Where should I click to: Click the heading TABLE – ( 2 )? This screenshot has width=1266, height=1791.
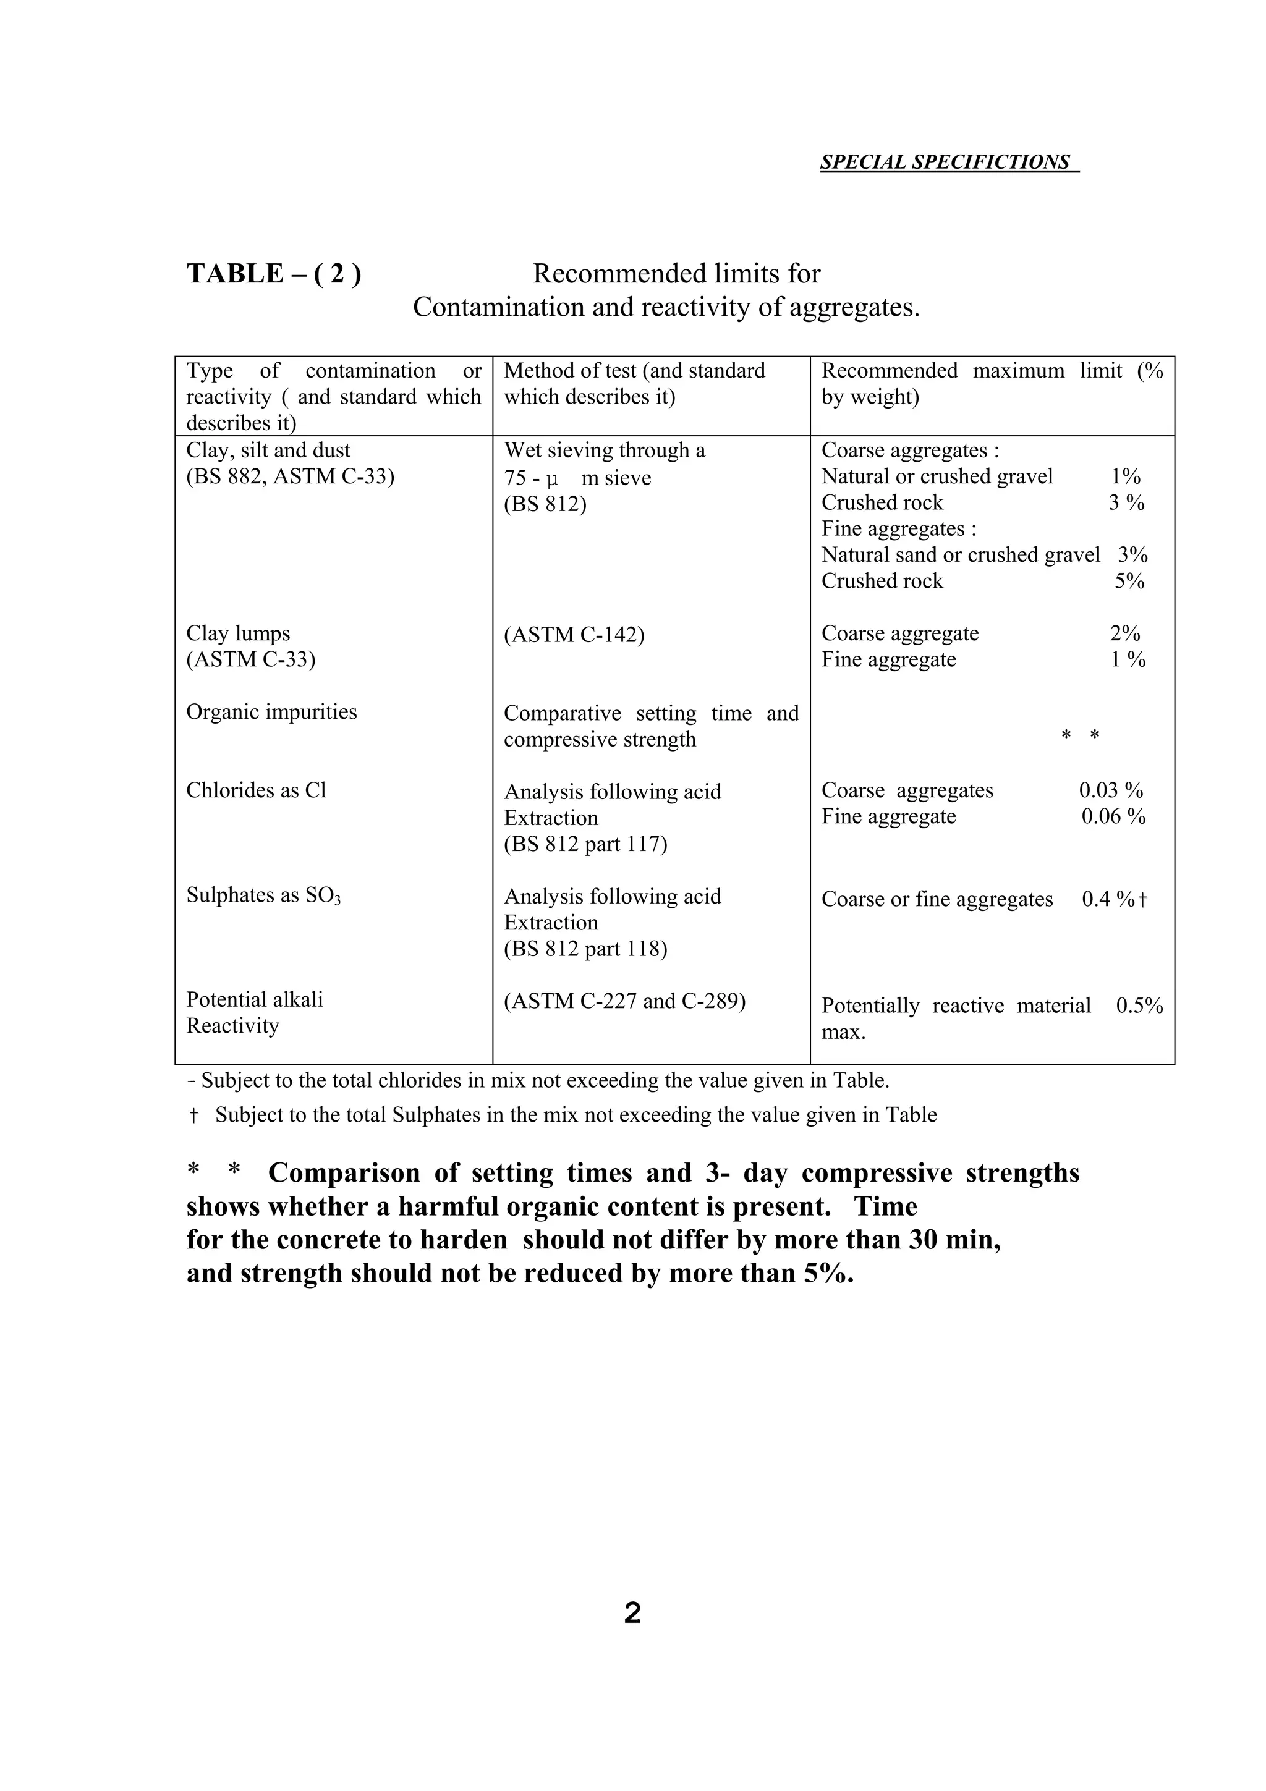[x=274, y=274]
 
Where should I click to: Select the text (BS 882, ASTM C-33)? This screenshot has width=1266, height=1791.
[x=290, y=476]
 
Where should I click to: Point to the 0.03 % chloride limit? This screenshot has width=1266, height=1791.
[x=1111, y=790]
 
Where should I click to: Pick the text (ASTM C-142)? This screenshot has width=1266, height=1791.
[x=574, y=635]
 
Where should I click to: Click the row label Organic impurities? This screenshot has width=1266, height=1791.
[x=271, y=712]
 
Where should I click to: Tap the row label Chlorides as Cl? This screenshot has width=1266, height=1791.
[x=256, y=790]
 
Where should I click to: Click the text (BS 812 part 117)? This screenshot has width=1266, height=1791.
[x=585, y=844]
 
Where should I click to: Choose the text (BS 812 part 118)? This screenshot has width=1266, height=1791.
[x=585, y=949]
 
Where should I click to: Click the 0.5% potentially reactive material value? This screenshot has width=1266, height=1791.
[x=1139, y=1006]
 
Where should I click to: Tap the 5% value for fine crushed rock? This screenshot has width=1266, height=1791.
[x=1129, y=581]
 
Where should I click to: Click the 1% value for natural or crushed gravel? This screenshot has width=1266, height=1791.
[x=1126, y=476]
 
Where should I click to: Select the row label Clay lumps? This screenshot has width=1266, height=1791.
[x=238, y=633]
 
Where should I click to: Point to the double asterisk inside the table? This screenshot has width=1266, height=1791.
[x=1081, y=735]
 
